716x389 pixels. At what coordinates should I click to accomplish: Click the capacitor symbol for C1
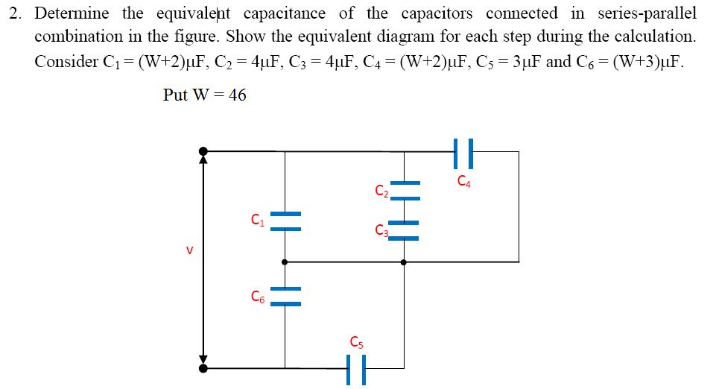coord(285,221)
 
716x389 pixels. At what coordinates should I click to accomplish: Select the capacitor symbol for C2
coord(404,191)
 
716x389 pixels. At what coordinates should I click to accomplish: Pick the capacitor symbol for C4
coord(463,152)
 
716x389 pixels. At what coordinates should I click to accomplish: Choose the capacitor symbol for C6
coord(285,296)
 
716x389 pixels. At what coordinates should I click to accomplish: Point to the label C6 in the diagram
coord(257,297)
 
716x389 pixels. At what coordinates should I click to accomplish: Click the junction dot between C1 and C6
coord(285,262)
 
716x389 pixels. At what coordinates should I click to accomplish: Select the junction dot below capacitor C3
coord(404,262)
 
